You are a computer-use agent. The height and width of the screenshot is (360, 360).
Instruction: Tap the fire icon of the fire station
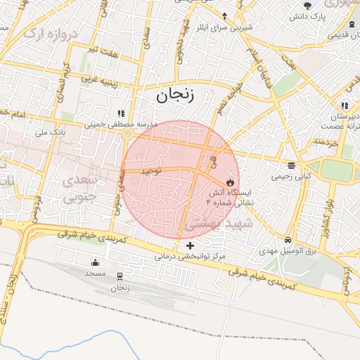click(x=229, y=181)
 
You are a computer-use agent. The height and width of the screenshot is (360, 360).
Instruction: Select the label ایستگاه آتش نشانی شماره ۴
click(x=233, y=196)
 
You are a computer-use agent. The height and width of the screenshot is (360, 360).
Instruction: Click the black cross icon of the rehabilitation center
click(x=190, y=245)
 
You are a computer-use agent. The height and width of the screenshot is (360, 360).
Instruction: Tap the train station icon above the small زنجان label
click(x=120, y=276)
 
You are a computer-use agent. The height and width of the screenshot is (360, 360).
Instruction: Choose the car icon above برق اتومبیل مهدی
click(x=288, y=240)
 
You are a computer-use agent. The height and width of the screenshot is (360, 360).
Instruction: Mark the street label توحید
click(x=151, y=170)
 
